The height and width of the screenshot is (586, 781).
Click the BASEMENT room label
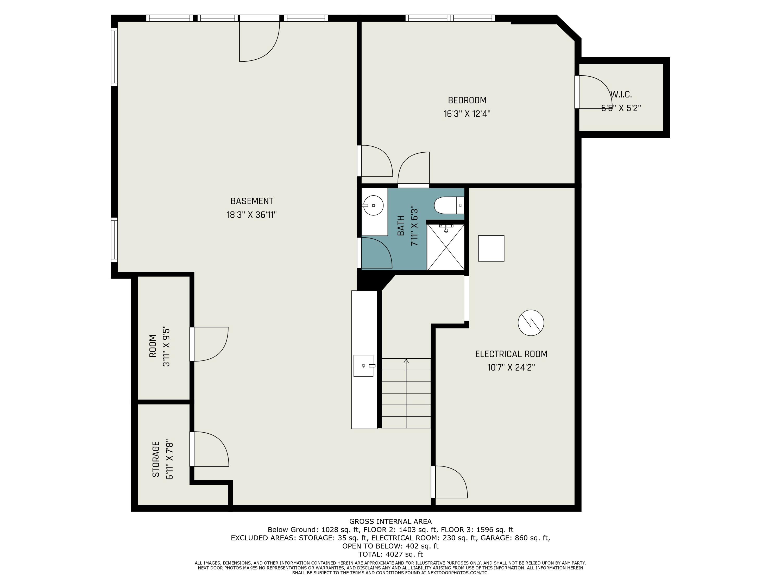pyautogui.click(x=252, y=201)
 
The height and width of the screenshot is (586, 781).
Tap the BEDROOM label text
pyautogui.click(x=467, y=100)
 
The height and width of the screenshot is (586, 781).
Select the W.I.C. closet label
pyautogui.click(x=621, y=95)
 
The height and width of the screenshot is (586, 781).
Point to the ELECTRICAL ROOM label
pyautogui.click(x=511, y=354)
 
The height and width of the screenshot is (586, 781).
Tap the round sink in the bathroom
pyautogui.click(x=373, y=205)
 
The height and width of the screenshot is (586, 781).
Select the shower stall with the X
pyautogui.click(x=446, y=247)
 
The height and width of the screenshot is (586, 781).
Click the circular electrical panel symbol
pyautogui.click(x=531, y=322)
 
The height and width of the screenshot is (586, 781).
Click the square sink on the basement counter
pyautogui.click(x=364, y=366)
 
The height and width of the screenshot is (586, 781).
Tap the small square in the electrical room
pyautogui.click(x=491, y=248)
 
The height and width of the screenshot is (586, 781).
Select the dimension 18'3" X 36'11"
pyautogui.click(x=252, y=215)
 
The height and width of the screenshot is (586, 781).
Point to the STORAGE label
pyautogui.click(x=156, y=459)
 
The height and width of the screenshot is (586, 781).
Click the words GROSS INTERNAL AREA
pyautogui.click(x=390, y=521)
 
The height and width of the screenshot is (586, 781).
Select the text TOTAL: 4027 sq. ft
pyautogui.click(x=390, y=554)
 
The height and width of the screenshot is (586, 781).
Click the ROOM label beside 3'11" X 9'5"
pyautogui.click(x=153, y=346)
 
